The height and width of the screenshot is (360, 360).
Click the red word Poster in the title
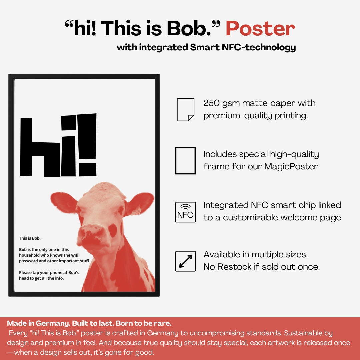click(x=260, y=28)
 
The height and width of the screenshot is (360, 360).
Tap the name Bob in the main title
click(x=188, y=28)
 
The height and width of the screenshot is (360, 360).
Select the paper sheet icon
click(x=186, y=110)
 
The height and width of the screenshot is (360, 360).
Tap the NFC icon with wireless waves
click(x=186, y=212)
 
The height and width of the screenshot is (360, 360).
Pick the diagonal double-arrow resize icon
click(x=186, y=261)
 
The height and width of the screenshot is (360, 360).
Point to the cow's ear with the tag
click(x=139, y=204)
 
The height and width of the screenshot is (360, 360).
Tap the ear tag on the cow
click(x=137, y=210)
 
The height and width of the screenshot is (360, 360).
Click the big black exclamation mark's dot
click(x=88, y=170)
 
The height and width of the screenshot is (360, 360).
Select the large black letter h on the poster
click(x=40, y=147)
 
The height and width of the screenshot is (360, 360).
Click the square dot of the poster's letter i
click(x=69, y=123)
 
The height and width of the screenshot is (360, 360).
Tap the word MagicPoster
click(x=291, y=166)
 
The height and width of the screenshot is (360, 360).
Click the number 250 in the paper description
click(x=211, y=103)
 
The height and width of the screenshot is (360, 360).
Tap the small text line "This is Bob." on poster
click(x=30, y=238)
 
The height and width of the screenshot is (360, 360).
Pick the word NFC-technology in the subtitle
click(x=259, y=47)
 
